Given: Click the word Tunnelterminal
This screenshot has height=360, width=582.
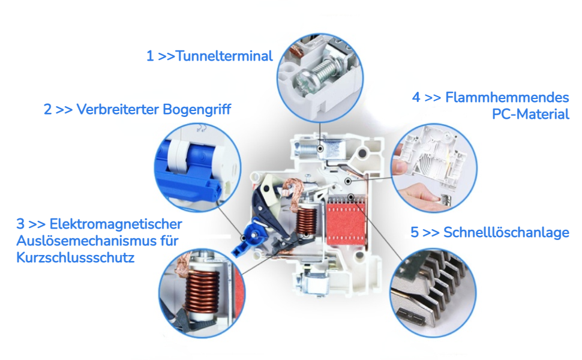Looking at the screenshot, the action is click(224, 56).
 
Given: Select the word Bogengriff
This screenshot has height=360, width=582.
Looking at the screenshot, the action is click(197, 109).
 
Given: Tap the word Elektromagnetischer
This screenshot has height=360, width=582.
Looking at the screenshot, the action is click(115, 224).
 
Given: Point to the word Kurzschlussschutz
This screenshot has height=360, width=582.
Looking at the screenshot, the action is click(76, 257).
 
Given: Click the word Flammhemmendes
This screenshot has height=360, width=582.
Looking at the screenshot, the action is click(507, 97).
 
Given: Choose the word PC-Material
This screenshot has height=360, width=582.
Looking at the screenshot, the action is click(530, 114).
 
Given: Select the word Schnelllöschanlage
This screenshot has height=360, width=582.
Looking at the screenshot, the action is click(506, 232).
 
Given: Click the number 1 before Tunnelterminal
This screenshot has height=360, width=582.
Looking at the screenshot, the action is click(150, 56).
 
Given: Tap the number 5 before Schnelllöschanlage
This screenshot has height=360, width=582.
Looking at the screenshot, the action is click(415, 232).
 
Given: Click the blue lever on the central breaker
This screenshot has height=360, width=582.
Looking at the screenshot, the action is click(248, 239).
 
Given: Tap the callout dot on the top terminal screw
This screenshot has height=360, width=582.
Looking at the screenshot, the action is click(320, 148).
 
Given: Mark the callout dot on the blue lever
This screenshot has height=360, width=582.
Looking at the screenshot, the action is click(244, 238).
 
